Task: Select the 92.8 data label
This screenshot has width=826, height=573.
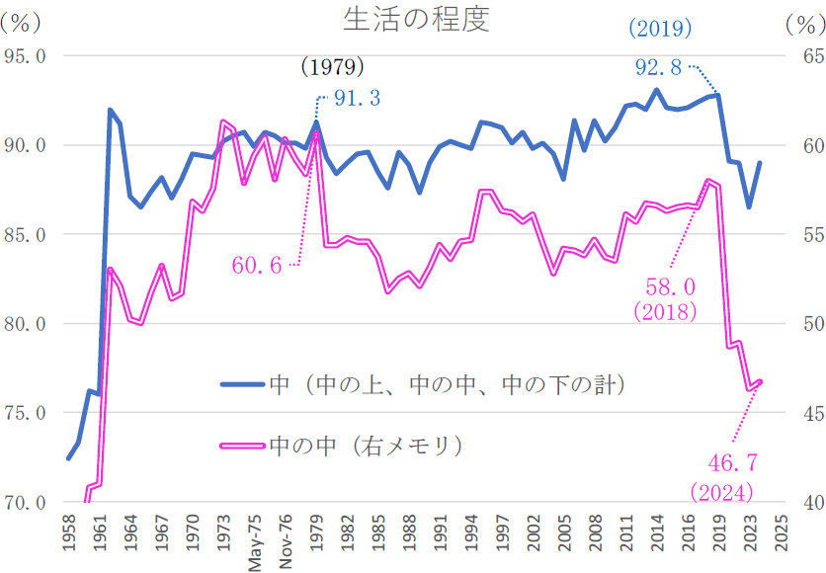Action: tap(658, 68)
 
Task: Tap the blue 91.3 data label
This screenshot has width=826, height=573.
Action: tap(357, 99)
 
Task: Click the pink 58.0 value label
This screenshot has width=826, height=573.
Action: tap(671, 286)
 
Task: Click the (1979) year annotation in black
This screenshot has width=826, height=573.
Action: tap(332, 67)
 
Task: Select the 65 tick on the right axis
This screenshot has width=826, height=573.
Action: tap(796, 56)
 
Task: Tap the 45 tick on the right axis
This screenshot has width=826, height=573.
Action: tap(796, 413)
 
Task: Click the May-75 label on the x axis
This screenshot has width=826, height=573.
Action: tap(256, 541)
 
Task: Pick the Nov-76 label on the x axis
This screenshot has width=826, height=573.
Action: tap(286, 541)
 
